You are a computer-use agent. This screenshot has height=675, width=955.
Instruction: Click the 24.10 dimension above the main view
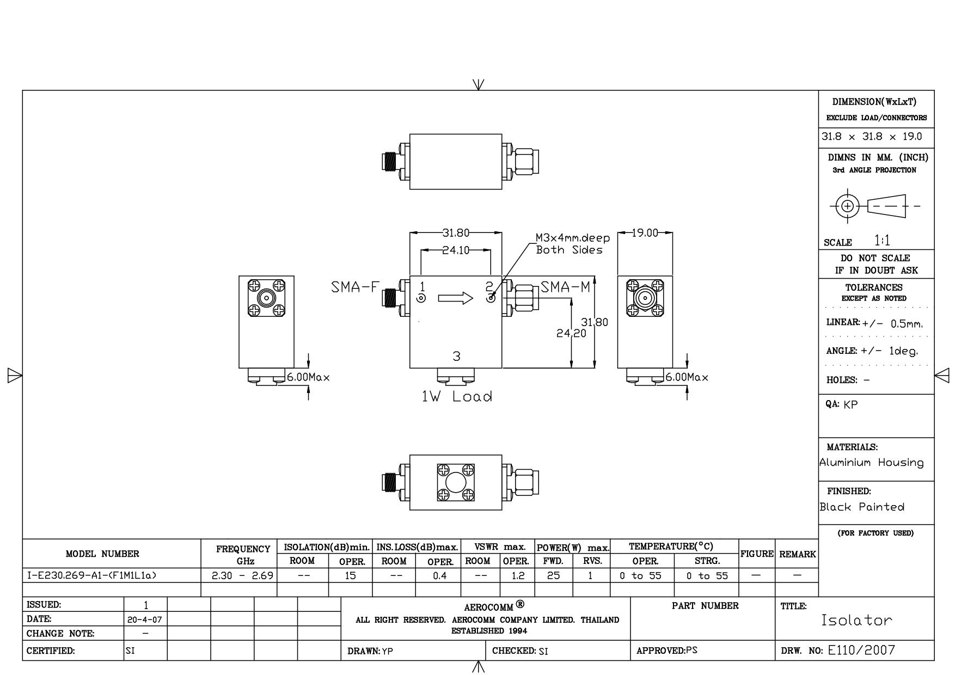click(x=456, y=251)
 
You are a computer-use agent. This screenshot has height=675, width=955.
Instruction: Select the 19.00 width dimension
click(x=645, y=233)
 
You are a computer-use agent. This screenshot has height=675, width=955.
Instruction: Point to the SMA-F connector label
click(x=354, y=287)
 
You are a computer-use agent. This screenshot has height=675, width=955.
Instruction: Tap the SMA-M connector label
click(x=566, y=287)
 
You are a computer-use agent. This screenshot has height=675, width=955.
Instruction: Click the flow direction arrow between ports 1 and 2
click(x=456, y=298)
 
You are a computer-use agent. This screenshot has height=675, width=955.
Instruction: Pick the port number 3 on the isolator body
click(x=456, y=357)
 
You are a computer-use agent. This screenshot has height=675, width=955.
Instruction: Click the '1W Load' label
click(x=457, y=396)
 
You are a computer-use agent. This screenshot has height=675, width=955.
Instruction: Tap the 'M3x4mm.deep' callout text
click(x=573, y=238)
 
